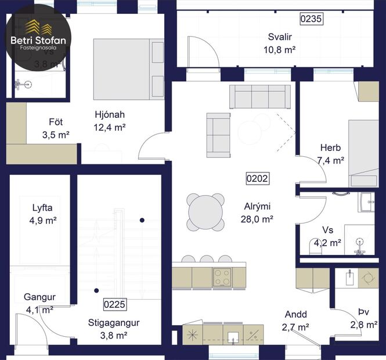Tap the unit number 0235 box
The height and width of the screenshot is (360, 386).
click(x=311, y=19)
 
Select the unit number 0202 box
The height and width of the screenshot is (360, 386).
click(x=257, y=178)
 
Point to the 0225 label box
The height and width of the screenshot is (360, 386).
click(x=114, y=304)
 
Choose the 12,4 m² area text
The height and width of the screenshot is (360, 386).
click(x=110, y=127)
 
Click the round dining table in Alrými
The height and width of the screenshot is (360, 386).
click(x=205, y=212)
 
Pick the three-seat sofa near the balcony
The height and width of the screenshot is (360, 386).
click(x=260, y=96)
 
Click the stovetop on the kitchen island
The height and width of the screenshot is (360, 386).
click(x=222, y=277)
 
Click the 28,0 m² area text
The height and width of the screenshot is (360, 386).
click(x=257, y=219)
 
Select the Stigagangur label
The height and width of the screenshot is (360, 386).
click(x=114, y=322)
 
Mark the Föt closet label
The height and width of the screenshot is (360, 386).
click(x=56, y=123)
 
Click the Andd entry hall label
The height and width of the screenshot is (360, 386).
click(x=295, y=315)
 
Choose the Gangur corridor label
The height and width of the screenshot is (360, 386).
click(x=39, y=297)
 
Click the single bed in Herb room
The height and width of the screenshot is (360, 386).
click(x=362, y=153)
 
